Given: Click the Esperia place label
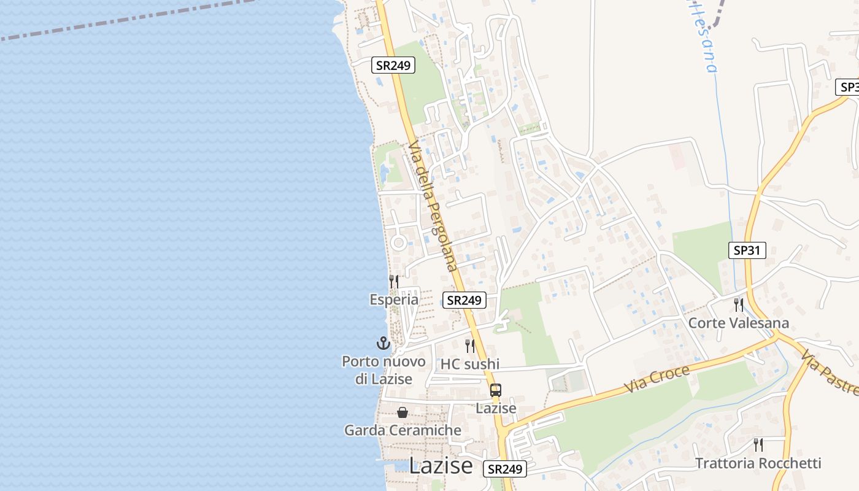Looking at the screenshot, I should (394, 300).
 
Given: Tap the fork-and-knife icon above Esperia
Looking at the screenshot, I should (394, 281).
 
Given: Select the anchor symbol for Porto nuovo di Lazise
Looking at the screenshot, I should (383, 343).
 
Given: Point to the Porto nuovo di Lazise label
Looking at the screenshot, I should (383, 370).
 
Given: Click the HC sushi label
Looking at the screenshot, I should (470, 364).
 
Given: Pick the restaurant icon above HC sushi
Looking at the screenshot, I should (470, 346).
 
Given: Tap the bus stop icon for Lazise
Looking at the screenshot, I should (496, 390).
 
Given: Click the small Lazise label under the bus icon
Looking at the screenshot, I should (496, 408).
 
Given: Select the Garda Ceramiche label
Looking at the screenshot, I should (403, 430).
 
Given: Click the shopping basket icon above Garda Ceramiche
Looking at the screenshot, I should (403, 412).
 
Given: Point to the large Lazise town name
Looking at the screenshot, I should (441, 466).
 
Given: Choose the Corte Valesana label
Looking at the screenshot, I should (739, 323).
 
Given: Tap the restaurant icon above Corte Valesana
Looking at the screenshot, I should (739, 304).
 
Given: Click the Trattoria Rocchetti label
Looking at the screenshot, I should (758, 463).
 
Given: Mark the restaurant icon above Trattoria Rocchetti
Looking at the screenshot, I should (758, 444).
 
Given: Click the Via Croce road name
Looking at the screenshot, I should (657, 379).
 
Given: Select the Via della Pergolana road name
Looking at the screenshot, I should (433, 206).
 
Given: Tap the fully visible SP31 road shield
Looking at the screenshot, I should (747, 250).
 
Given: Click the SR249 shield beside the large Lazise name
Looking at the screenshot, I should (505, 469).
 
